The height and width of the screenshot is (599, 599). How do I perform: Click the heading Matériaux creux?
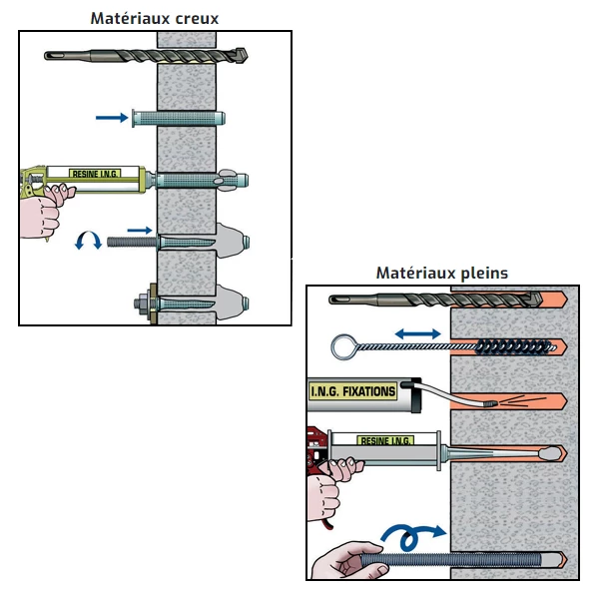[x=155, y=18]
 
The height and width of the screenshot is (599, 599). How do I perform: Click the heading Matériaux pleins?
[x=441, y=272]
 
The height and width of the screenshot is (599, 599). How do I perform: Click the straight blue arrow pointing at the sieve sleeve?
[x=111, y=118]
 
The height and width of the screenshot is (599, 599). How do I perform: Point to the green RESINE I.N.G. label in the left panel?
[x=95, y=174]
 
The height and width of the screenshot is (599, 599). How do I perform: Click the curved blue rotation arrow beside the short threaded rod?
[x=90, y=241]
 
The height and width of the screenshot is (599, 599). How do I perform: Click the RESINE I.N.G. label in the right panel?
[x=385, y=439]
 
